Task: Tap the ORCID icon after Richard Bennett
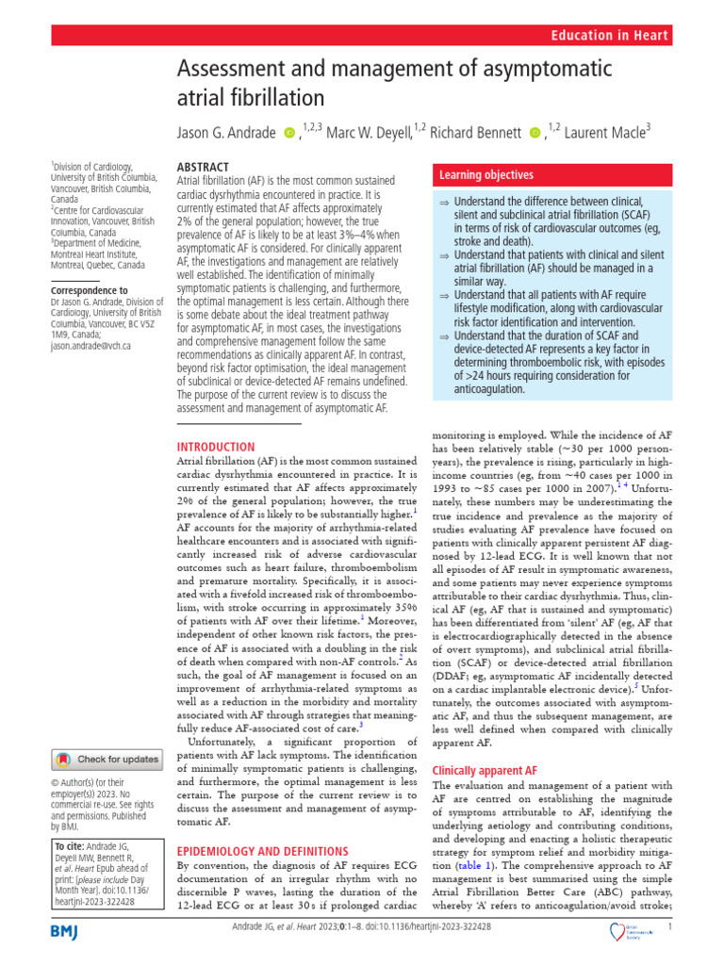(x=535, y=134)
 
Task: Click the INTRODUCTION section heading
(x=216, y=447)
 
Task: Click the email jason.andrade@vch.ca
(x=90, y=346)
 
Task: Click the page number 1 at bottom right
(x=668, y=927)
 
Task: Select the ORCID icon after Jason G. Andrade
(x=288, y=134)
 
